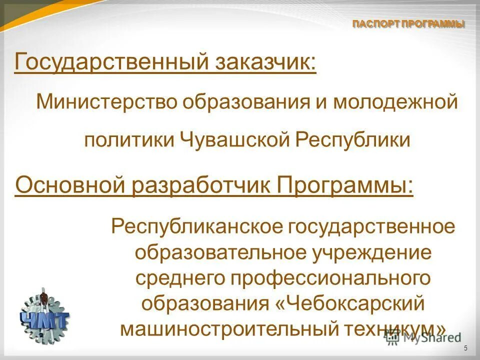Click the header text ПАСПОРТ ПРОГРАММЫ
pos(408,24)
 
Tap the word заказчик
pos(266,63)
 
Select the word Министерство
pos(106,103)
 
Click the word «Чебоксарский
pos(351,303)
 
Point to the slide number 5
pos(466,348)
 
